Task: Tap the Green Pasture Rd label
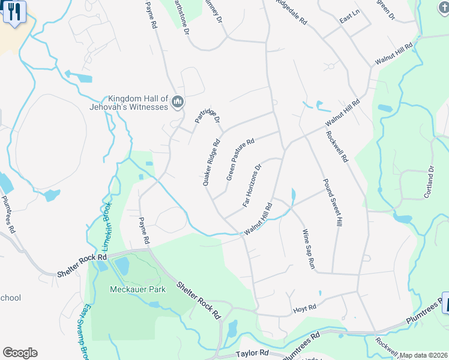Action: click(241, 160)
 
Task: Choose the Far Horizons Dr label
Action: click(253, 185)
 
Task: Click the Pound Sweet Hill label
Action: click(331, 202)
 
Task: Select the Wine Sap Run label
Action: click(308, 248)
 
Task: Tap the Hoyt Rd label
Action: click(304, 308)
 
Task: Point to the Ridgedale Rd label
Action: click(291, 12)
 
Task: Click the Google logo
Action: click(20, 353)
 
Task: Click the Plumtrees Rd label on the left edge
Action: click(8, 214)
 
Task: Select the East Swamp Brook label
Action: click(85, 330)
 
